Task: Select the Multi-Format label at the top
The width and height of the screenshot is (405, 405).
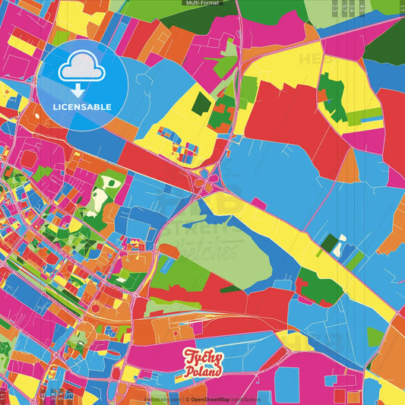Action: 202,3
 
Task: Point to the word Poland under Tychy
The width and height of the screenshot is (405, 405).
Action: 204,372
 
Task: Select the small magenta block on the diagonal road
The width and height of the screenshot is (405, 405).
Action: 258,203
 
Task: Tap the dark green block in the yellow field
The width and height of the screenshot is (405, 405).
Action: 201,103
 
